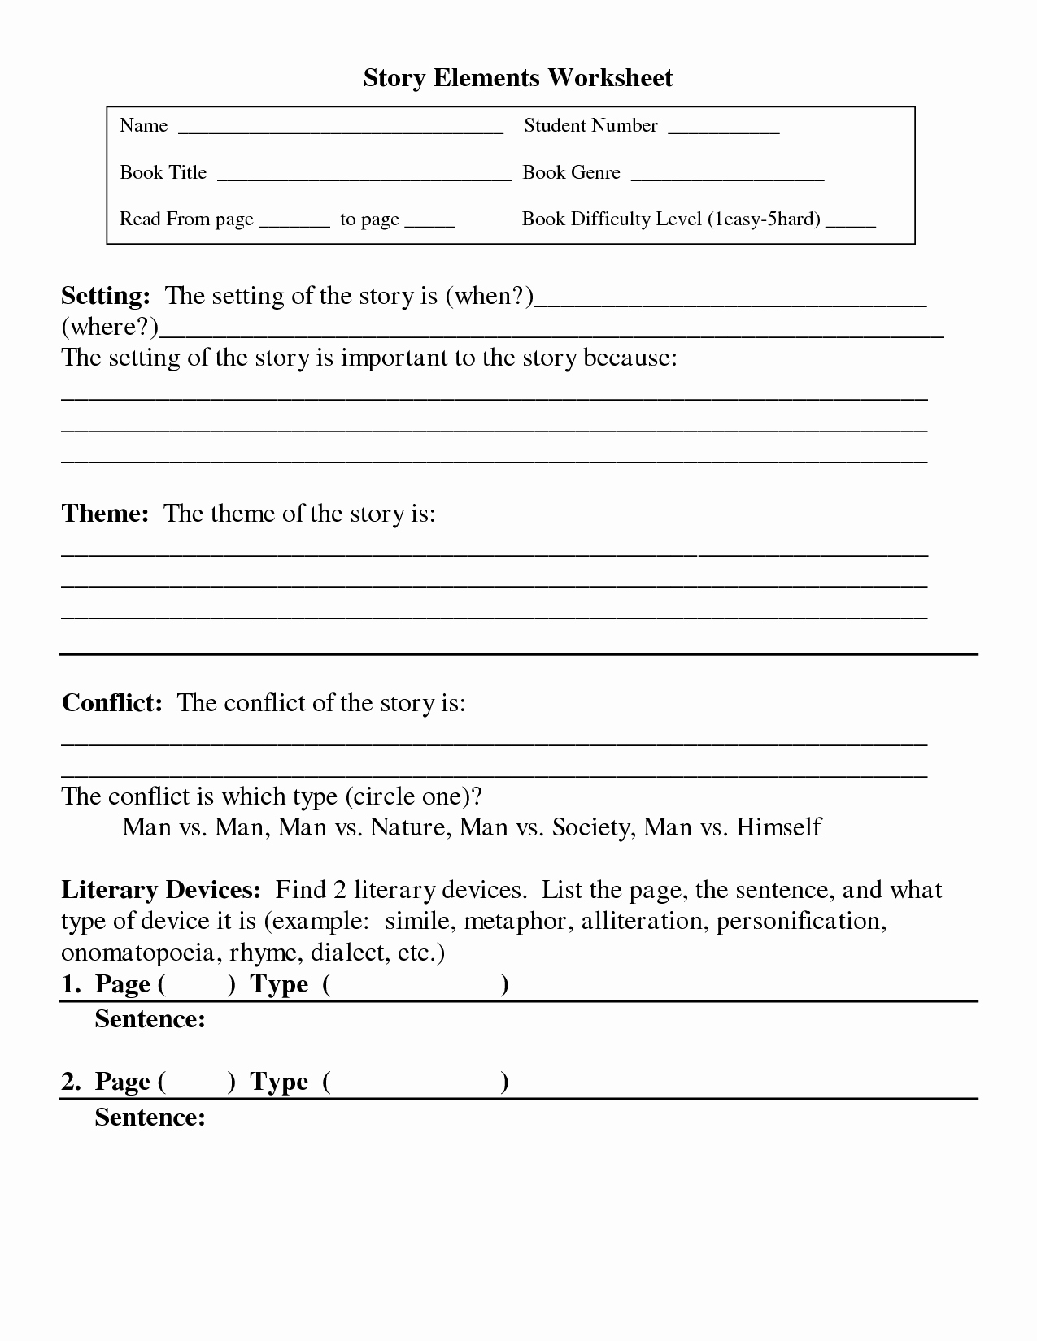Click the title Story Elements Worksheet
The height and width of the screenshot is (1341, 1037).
tap(517, 78)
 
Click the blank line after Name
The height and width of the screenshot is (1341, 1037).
tap(340, 130)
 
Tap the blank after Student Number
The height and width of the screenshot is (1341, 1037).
tap(723, 130)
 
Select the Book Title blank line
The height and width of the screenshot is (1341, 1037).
tap(364, 177)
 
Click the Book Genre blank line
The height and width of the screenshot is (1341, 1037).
tap(727, 177)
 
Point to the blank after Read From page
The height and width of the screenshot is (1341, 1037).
tap(294, 223)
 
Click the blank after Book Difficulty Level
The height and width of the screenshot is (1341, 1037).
tap(850, 223)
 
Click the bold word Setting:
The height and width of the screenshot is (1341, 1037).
tap(106, 296)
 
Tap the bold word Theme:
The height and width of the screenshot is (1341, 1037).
tap(105, 514)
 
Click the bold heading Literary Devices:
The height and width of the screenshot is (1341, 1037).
tap(160, 890)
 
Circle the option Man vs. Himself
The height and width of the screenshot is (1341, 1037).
tap(732, 827)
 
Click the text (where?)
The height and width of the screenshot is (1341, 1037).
tap(110, 327)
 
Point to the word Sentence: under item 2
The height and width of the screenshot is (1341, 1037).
tap(150, 1117)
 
